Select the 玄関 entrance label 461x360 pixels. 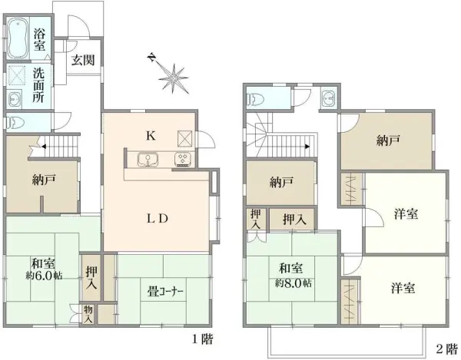[x=83, y=61]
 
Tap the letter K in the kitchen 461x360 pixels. [x=151, y=136]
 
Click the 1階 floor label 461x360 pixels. [x=202, y=339]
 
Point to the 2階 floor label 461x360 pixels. [x=446, y=348]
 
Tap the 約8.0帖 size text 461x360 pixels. [x=293, y=282]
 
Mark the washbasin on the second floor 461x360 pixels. [x=330, y=98]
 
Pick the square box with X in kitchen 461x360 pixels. [x=185, y=138]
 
